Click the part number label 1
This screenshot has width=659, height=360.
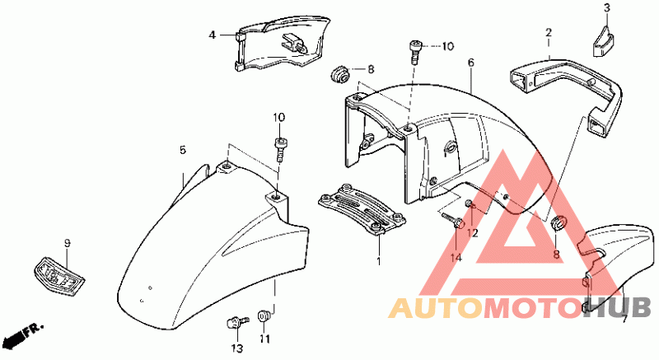coord(379,261)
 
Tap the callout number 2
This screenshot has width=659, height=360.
coord(548,33)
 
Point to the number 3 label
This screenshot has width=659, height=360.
coord(606,8)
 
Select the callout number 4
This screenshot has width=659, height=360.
coord(212,35)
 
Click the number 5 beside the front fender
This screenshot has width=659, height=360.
coord(183,150)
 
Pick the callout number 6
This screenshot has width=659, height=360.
coord(471,63)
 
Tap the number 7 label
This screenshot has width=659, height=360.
coord(624,318)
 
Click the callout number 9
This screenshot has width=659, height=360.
coord(68,243)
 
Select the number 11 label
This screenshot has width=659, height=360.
coord(264,338)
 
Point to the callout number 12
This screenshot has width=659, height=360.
coord(473,234)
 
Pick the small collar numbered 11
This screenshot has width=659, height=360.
coord(264,316)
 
